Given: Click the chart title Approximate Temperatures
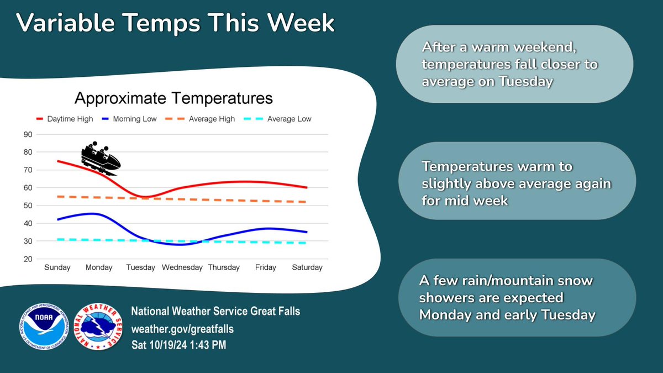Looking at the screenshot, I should [173, 98].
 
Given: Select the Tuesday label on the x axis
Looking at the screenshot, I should [141, 267].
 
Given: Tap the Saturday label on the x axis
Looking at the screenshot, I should [307, 267].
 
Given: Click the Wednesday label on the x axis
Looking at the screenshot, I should [182, 267].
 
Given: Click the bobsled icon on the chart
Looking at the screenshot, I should [101, 157].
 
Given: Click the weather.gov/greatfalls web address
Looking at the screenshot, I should [182, 329].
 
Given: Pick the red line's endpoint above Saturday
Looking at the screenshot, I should [307, 188].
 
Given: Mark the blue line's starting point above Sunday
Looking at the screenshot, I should [57, 219].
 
